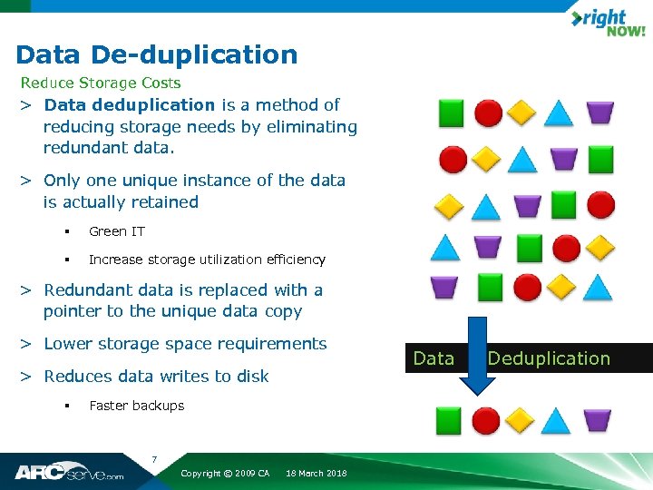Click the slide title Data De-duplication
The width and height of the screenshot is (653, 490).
click(157, 54)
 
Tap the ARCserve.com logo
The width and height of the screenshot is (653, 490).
click(69, 472)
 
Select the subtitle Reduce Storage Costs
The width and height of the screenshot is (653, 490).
click(101, 83)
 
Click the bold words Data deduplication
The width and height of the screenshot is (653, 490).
click(130, 105)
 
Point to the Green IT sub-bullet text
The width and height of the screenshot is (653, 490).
click(117, 231)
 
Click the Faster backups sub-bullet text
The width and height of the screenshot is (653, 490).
click(136, 406)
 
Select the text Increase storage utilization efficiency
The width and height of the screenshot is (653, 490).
click(207, 260)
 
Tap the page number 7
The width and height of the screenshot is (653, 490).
click(155, 458)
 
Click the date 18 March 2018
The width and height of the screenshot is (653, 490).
click(316, 474)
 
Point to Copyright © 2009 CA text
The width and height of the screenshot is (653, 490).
click(225, 474)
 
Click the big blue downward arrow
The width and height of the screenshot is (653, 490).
click(470, 358)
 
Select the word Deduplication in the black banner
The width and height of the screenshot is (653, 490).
click(549, 358)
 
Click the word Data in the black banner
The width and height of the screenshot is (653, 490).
click(434, 358)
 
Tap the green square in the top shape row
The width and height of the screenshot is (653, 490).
click(451, 113)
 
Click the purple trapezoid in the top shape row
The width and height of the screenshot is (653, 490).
click(599, 113)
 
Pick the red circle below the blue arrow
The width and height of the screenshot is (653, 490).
click(486, 420)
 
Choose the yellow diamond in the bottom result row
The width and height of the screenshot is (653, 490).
click(521, 420)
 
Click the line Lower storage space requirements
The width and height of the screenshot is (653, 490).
click(185, 344)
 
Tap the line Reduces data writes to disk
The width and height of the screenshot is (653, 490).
click(156, 377)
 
